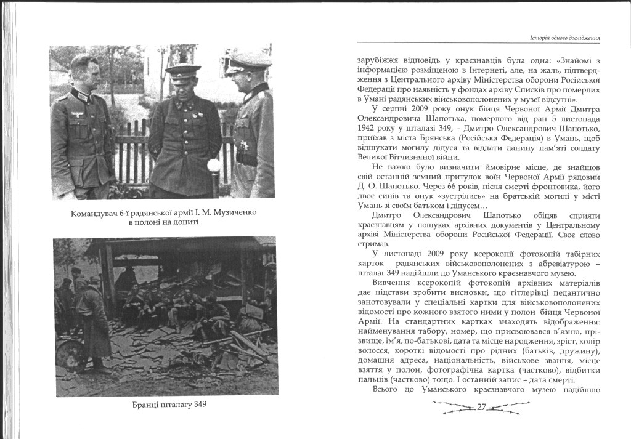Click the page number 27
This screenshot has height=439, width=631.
481,406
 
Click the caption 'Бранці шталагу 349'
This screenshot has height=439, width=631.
169,405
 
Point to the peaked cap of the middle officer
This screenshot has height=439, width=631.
183,70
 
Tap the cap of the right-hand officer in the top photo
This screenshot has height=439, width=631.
248,61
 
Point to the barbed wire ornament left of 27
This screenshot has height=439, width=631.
453,406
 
